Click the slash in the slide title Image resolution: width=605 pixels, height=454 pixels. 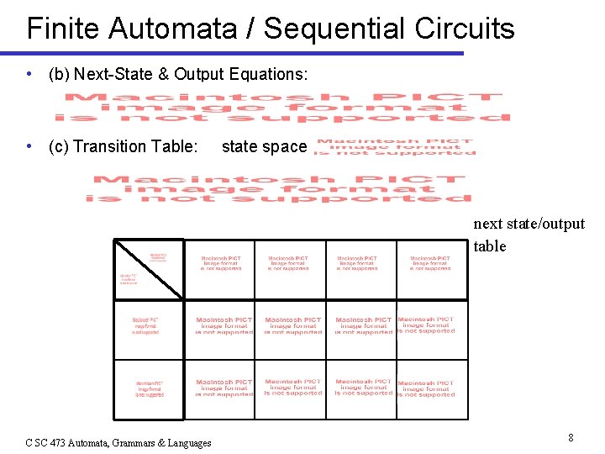click(251, 29)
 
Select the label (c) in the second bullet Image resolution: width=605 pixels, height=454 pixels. click(59, 146)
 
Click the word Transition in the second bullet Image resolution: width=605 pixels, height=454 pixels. click(110, 146)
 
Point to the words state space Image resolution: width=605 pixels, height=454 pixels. click(264, 146)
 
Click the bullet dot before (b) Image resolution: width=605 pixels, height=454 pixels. click(30, 74)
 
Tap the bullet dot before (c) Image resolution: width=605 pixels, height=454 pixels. click(30, 146)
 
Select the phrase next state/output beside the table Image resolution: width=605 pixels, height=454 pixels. click(529, 224)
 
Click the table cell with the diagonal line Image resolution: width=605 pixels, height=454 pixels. click(149, 268)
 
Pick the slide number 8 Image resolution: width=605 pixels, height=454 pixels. click(571, 437)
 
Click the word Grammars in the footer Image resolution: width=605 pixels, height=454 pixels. click(145, 442)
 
